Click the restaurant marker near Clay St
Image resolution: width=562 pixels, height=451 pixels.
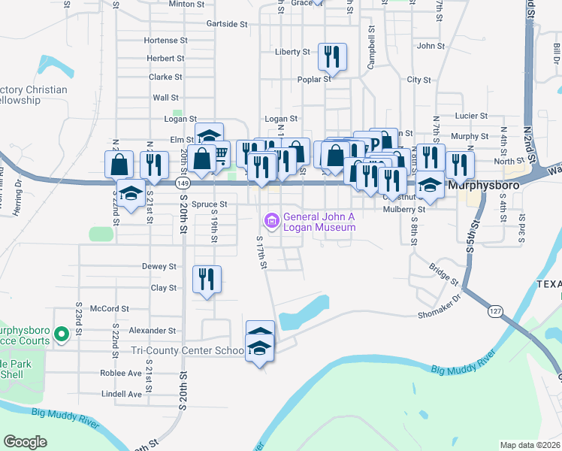206,279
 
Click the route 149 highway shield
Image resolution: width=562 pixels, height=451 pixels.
183,183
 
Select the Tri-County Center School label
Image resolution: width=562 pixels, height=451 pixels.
188,350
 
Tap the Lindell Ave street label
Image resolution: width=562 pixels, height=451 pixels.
121,394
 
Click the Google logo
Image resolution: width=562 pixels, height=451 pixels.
25,442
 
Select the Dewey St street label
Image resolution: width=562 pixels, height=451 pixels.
159,266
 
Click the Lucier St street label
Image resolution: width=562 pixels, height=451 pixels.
473,117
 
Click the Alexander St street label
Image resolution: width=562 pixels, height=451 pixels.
152,330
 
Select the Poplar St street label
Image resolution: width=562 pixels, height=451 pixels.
316,79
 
